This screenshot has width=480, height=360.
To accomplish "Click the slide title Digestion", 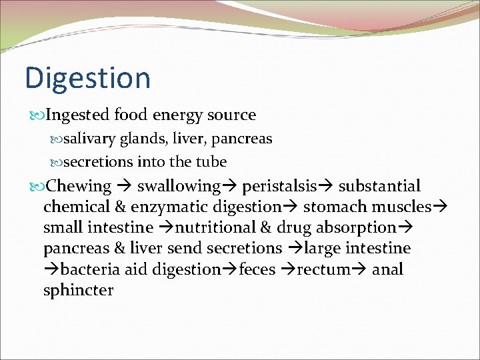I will (87, 78).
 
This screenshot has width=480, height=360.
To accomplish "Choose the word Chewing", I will (79, 186).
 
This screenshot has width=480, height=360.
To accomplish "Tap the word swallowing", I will (179, 186).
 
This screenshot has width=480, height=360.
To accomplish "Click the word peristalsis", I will (279, 186).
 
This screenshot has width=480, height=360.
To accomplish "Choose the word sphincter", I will (78, 291).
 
